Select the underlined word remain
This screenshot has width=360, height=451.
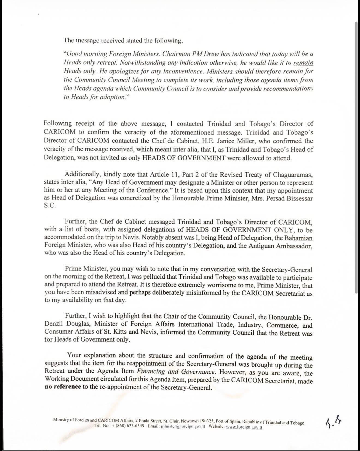(303, 63)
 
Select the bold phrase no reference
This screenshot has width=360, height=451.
(62, 387)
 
